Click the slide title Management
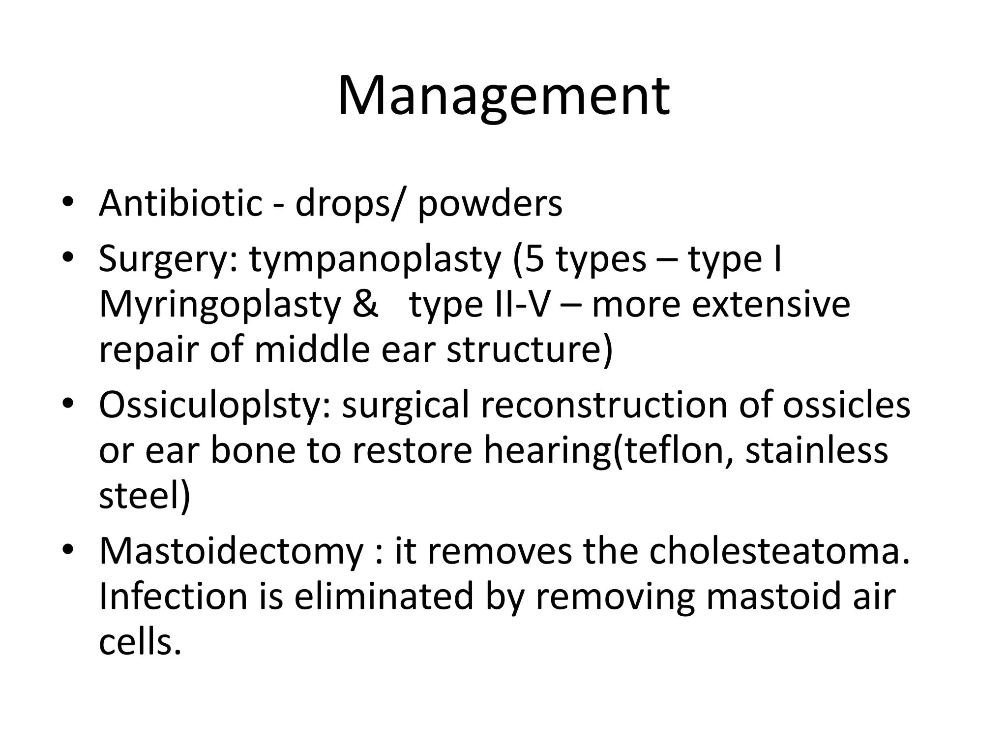(x=503, y=96)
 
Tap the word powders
(x=490, y=203)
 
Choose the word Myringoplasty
(x=220, y=305)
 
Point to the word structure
(x=529, y=349)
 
